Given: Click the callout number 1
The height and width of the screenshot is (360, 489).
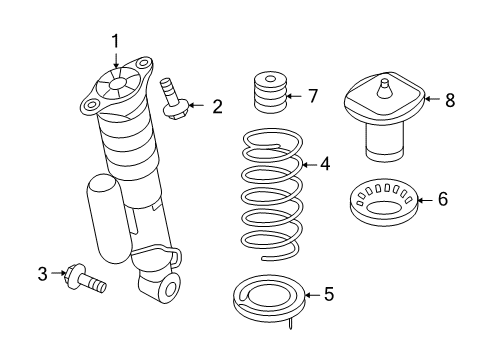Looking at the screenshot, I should [115, 40].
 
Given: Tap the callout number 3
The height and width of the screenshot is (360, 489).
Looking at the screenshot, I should [43, 272].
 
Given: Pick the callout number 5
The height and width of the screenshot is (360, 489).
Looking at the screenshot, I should [327, 294].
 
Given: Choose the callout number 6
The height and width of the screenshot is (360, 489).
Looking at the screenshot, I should [442, 200].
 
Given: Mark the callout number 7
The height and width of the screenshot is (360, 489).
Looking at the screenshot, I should [312, 97].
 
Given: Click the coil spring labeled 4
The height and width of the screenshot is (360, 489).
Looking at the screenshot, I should [270, 190].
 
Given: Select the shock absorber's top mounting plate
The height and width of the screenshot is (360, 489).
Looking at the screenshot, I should [118, 86].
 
